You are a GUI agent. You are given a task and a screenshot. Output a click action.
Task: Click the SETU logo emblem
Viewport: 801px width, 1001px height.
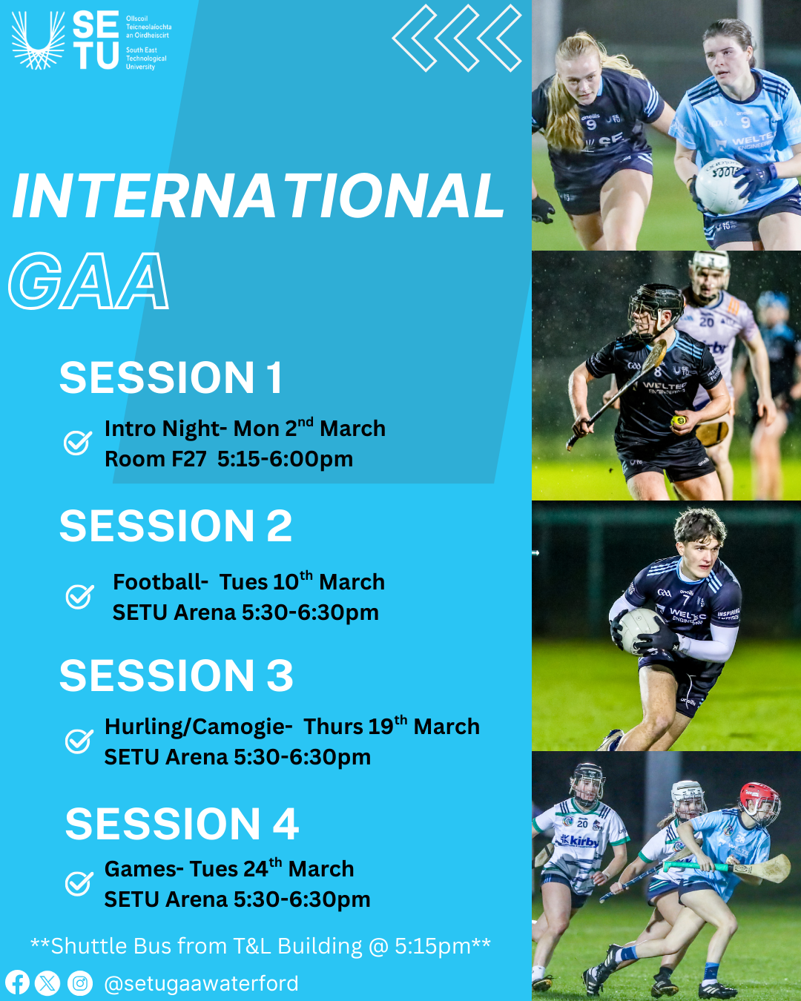pos(38,40)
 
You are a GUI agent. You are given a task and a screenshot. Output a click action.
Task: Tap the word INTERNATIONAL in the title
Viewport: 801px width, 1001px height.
pos(259,196)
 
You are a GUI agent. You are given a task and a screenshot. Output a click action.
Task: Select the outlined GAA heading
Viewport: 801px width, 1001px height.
pos(88,281)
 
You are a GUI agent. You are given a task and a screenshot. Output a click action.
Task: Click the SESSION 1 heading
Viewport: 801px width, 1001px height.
pos(171,377)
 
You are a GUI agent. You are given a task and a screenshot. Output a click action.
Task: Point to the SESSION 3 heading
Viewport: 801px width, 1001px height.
pos(177,675)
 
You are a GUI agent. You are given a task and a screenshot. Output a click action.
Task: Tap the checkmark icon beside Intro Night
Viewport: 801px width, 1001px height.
pos(78,443)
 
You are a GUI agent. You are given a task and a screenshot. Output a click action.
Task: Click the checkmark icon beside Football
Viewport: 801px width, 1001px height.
pos(79,596)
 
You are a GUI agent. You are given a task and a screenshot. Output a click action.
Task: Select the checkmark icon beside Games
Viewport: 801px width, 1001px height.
pos(79,883)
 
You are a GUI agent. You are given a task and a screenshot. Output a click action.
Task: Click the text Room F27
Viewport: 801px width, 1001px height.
pos(156,459)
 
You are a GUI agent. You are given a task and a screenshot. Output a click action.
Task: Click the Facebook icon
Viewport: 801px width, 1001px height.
pos(17,983)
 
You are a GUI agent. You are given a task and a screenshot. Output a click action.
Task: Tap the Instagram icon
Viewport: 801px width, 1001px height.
pos(80,983)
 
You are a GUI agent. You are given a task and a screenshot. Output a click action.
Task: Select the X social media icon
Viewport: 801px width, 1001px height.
pos(47,983)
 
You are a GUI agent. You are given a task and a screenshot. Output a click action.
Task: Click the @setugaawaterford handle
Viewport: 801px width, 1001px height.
pos(201,983)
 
